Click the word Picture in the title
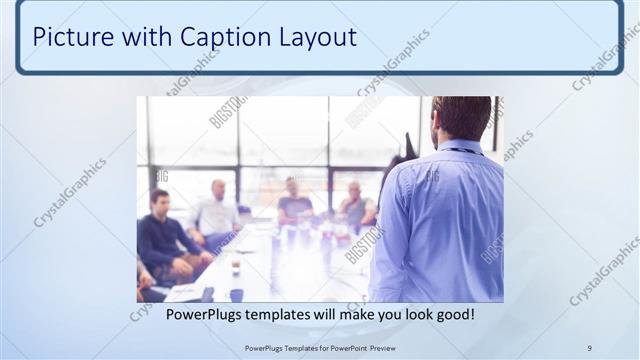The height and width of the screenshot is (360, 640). point(69,37)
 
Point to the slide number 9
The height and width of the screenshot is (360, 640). point(590,348)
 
